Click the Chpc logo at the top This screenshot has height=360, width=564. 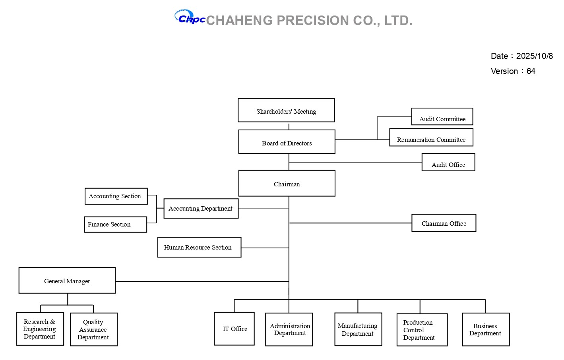pyautogui.click(x=190, y=17)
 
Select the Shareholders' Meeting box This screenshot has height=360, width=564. pyautogui.click(x=286, y=110)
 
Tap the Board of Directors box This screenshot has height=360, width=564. pyautogui.click(x=287, y=142)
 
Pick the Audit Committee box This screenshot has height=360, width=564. pyautogui.click(x=442, y=117)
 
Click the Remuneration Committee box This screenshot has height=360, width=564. pyautogui.click(x=431, y=137)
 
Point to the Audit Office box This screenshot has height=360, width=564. pyautogui.click(x=448, y=163)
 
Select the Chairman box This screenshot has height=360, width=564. pyautogui.click(x=287, y=184)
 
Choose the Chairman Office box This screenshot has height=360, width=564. pyautogui.click(x=444, y=223)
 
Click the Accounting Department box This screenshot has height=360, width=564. pyautogui.click(x=201, y=209)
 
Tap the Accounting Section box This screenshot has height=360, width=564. pyautogui.click(x=116, y=196)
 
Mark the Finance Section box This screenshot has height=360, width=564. pyautogui.click(x=115, y=225)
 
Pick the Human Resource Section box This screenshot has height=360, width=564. pyautogui.click(x=199, y=248)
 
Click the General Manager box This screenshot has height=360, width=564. pyautogui.click(x=67, y=281)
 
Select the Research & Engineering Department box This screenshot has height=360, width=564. pyautogui.click(x=40, y=329)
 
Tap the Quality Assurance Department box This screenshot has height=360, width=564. pyautogui.click(x=93, y=329)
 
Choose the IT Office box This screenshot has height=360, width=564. pyautogui.click(x=234, y=329)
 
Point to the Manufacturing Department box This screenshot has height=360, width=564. pyautogui.click(x=358, y=329)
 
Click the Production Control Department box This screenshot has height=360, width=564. pyautogui.click(x=422, y=330)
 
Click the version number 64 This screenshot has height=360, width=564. pyautogui.click(x=531, y=71)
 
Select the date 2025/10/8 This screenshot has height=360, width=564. pyautogui.click(x=534, y=56)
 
